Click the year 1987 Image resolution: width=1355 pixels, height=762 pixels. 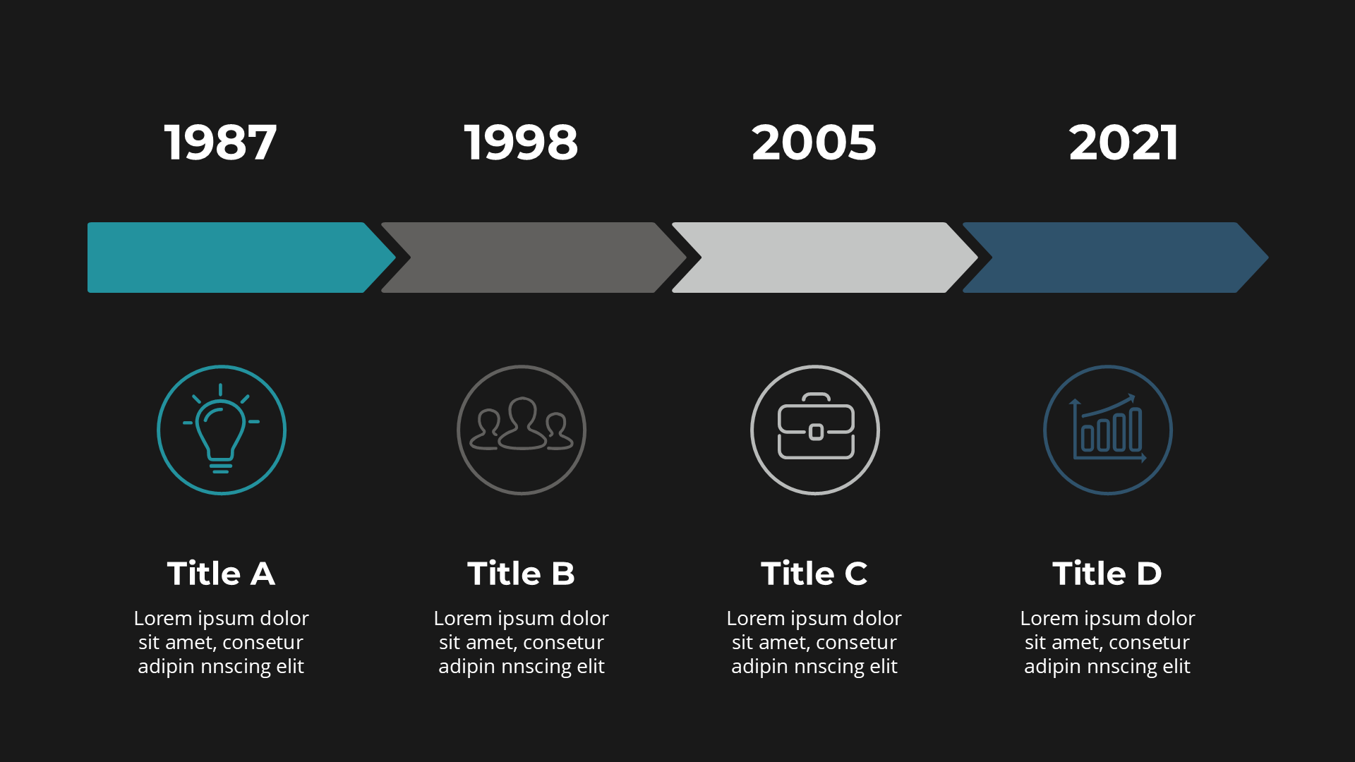point(220,143)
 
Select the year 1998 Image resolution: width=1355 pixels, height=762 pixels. point(521,143)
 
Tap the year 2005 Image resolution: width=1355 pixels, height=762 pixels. point(814,143)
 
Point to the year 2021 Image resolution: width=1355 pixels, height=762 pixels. point(1123,143)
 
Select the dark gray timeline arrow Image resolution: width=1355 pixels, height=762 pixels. point(534,258)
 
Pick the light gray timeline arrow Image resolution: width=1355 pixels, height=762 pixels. point(824,258)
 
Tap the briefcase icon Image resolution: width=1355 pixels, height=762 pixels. point(816,426)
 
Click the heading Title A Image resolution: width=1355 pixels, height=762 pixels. point(221,573)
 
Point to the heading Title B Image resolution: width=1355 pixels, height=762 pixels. point(521,573)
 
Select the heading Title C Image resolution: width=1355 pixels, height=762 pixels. point(814,573)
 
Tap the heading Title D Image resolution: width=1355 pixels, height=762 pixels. point(1107,573)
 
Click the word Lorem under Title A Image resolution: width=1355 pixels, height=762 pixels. point(163,619)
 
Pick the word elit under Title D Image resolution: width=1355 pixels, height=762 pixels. point(1176,666)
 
